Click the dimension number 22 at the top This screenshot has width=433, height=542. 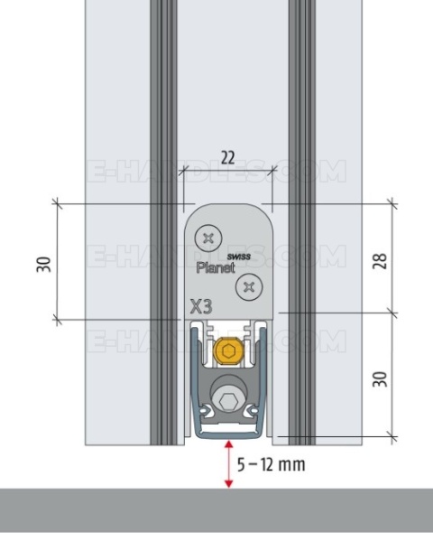click(x=226, y=158)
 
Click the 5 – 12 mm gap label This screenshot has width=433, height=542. click(x=271, y=465)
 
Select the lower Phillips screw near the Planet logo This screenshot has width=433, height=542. click(x=245, y=287)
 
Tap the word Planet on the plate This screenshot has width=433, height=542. click(x=216, y=267)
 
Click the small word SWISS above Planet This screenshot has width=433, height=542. click(x=236, y=257)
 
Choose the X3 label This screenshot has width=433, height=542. click(x=201, y=306)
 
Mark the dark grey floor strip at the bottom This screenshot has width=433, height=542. click(x=216, y=515)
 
